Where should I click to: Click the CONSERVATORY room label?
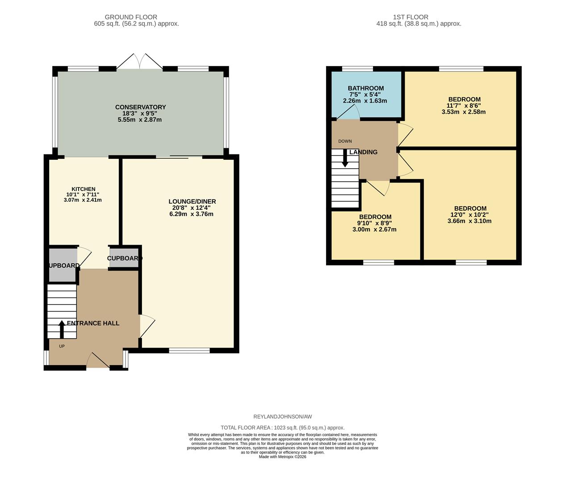[140, 107]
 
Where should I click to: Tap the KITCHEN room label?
[83, 189]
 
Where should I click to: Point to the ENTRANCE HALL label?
[93, 323]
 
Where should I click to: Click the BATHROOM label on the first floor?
[366, 88]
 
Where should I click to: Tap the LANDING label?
[363, 152]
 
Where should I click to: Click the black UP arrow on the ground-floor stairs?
[62, 329]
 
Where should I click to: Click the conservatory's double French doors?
[140, 61]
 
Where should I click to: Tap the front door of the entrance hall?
[98, 361]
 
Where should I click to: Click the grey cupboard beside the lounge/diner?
[124, 258]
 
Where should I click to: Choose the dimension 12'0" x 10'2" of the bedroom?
[469, 215]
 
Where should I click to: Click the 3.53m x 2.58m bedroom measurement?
[464, 112]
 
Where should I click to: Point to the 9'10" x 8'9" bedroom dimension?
[374, 223]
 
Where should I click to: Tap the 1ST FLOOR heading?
[410, 17]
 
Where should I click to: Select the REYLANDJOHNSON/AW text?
[283, 416]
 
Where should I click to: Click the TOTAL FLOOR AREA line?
[283, 428]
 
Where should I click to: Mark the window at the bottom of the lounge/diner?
[189, 351]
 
